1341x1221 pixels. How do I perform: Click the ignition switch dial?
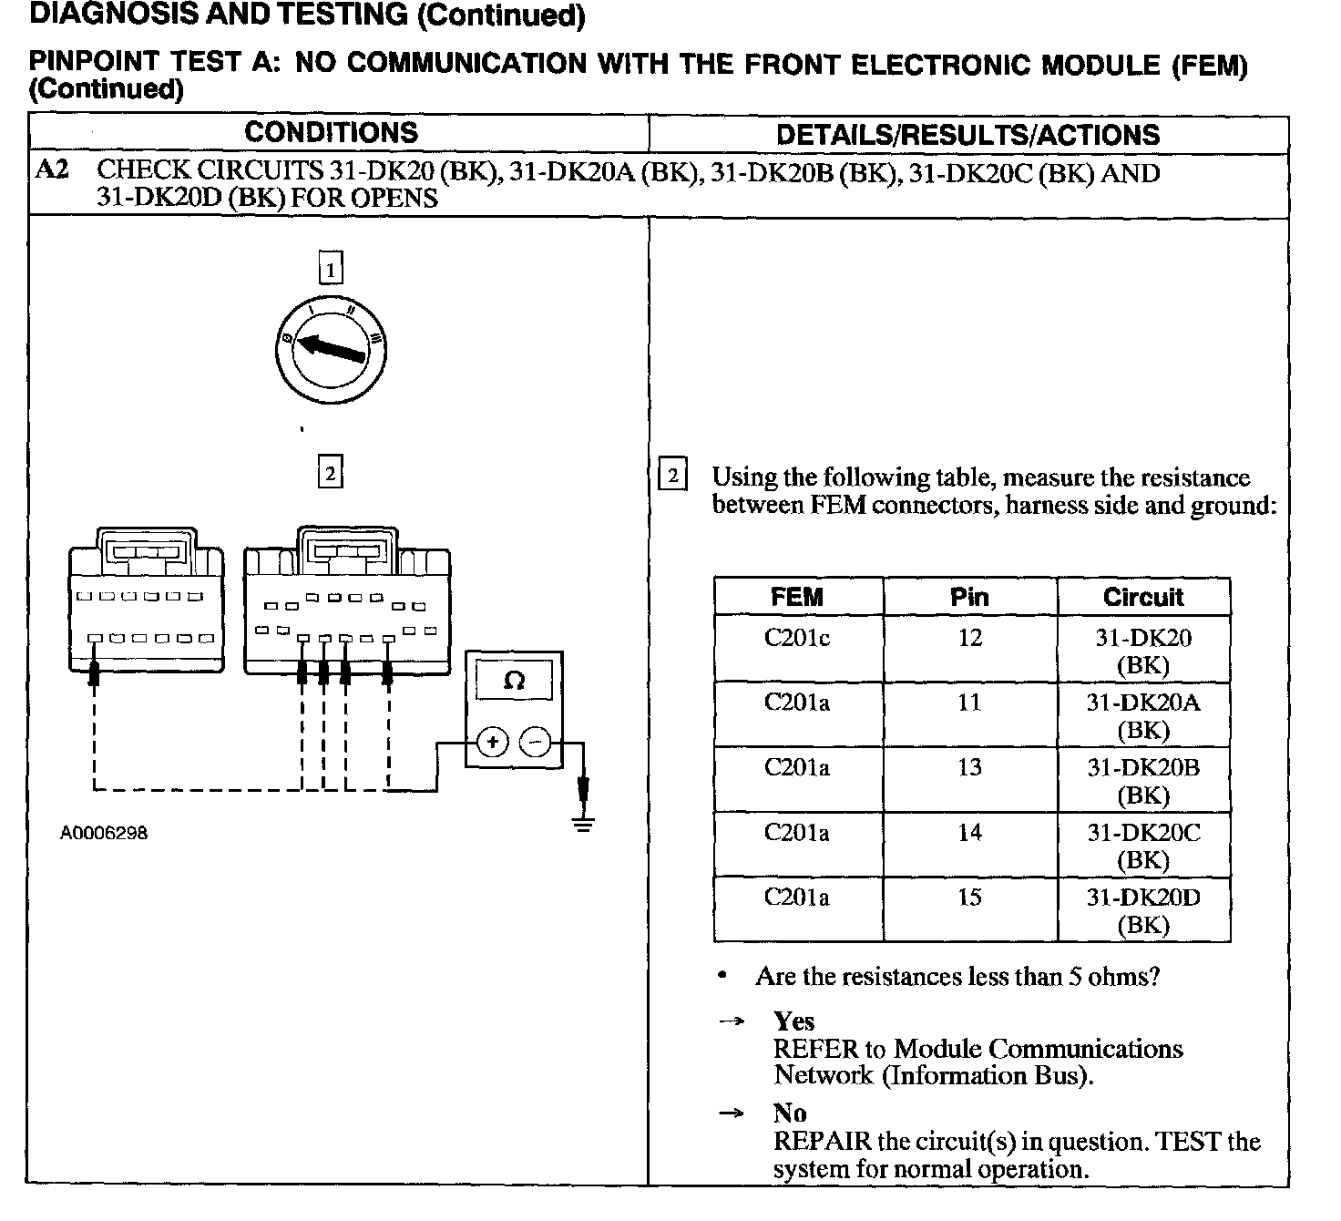tap(330, 350)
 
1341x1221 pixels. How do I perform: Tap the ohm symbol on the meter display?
tap(514, 681)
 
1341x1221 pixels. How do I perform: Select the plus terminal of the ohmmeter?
tap(492, 743)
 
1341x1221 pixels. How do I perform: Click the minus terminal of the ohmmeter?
tap(535, 743)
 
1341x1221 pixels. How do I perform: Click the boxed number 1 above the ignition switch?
tap(331, 269)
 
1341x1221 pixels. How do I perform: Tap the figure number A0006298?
tap(104, 833)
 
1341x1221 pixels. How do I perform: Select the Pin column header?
tap(969, 597)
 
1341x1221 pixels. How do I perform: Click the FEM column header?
tap(797, 597)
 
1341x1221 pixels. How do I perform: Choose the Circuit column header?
tap(1143, 597)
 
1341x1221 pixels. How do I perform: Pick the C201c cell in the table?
tap(797, 638)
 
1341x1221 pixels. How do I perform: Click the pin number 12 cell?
tap(969, 638)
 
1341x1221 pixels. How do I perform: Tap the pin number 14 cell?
tap(969, 832)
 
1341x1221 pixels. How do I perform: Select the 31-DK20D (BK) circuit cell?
tap(1143, 910)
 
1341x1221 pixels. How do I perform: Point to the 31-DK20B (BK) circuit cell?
tap(1143, 781)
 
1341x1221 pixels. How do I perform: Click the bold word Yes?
tap(793, 1021)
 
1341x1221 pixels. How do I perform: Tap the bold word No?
tap(790, 1113)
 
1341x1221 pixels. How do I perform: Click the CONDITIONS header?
tap(331, 133)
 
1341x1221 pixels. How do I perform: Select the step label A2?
tap(52, 170)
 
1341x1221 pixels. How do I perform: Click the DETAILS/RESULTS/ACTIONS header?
tap(967, 135)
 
